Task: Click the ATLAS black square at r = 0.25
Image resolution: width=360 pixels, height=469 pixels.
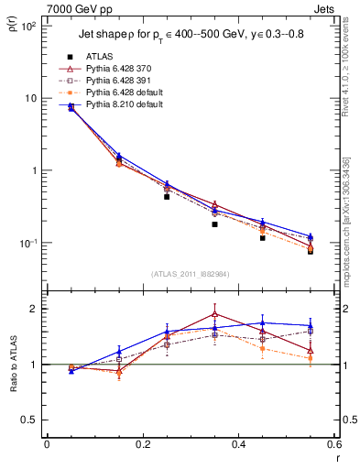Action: pyautogui.click(x=167, y=196)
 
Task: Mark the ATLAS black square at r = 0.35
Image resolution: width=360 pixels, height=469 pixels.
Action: pyautogui.click(x=214, y=224)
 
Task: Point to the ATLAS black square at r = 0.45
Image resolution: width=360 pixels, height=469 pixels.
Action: pyautogui.click(x=263, y=237)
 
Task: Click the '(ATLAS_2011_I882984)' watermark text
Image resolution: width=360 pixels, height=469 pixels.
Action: pyautogui.click(x=191, y=275)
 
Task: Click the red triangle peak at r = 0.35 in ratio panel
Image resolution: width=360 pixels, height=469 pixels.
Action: pyautogui.click(x=214, y=313)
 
